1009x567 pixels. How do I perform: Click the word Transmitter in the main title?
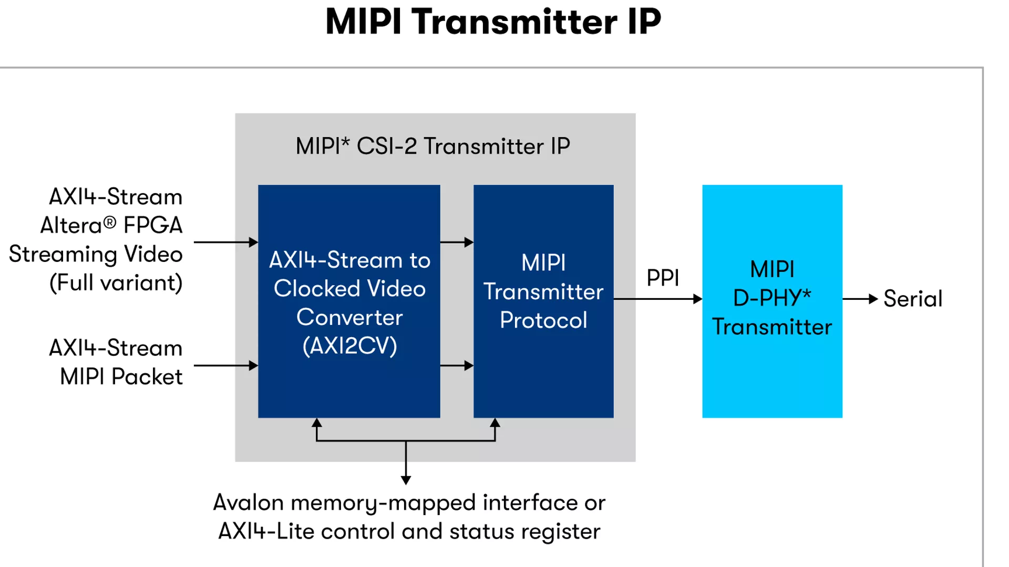(514, 22)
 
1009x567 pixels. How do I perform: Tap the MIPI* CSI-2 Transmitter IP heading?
(433, 146)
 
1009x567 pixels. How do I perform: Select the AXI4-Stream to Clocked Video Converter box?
(349, 301)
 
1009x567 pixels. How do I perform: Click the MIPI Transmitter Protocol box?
(543, 301)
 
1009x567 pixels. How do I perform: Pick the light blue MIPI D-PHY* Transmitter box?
(772, 301)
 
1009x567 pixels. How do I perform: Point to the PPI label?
(663, 278)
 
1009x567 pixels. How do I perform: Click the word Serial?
(913, 299)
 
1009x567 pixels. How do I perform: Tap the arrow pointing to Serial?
(860, 299)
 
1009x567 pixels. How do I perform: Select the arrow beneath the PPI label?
(658, 299)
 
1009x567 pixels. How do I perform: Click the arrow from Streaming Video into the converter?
(226, 242)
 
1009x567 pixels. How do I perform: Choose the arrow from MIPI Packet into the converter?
(226, 365)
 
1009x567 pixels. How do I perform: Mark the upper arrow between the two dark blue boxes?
(457, 242)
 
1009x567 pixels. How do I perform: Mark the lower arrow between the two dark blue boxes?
(457, 365)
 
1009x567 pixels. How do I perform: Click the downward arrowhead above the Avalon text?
(406, 480)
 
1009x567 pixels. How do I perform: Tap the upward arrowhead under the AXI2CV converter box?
(316, 423)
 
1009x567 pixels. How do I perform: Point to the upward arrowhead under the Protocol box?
(495, 423)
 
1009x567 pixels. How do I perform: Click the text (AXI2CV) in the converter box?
(349, 346)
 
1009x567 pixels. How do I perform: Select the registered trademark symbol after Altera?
(109, 223)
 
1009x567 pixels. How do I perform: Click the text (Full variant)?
(116, 283)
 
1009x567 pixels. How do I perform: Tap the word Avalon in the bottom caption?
(249, 502)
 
